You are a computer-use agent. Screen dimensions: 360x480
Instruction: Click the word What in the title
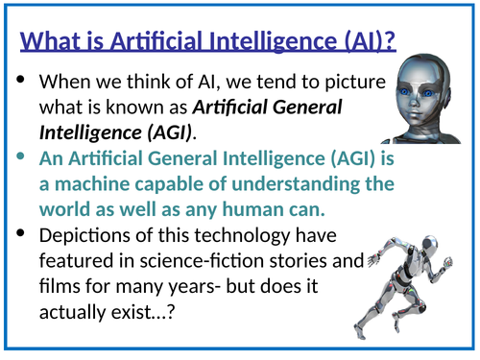(x=54, y=42)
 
